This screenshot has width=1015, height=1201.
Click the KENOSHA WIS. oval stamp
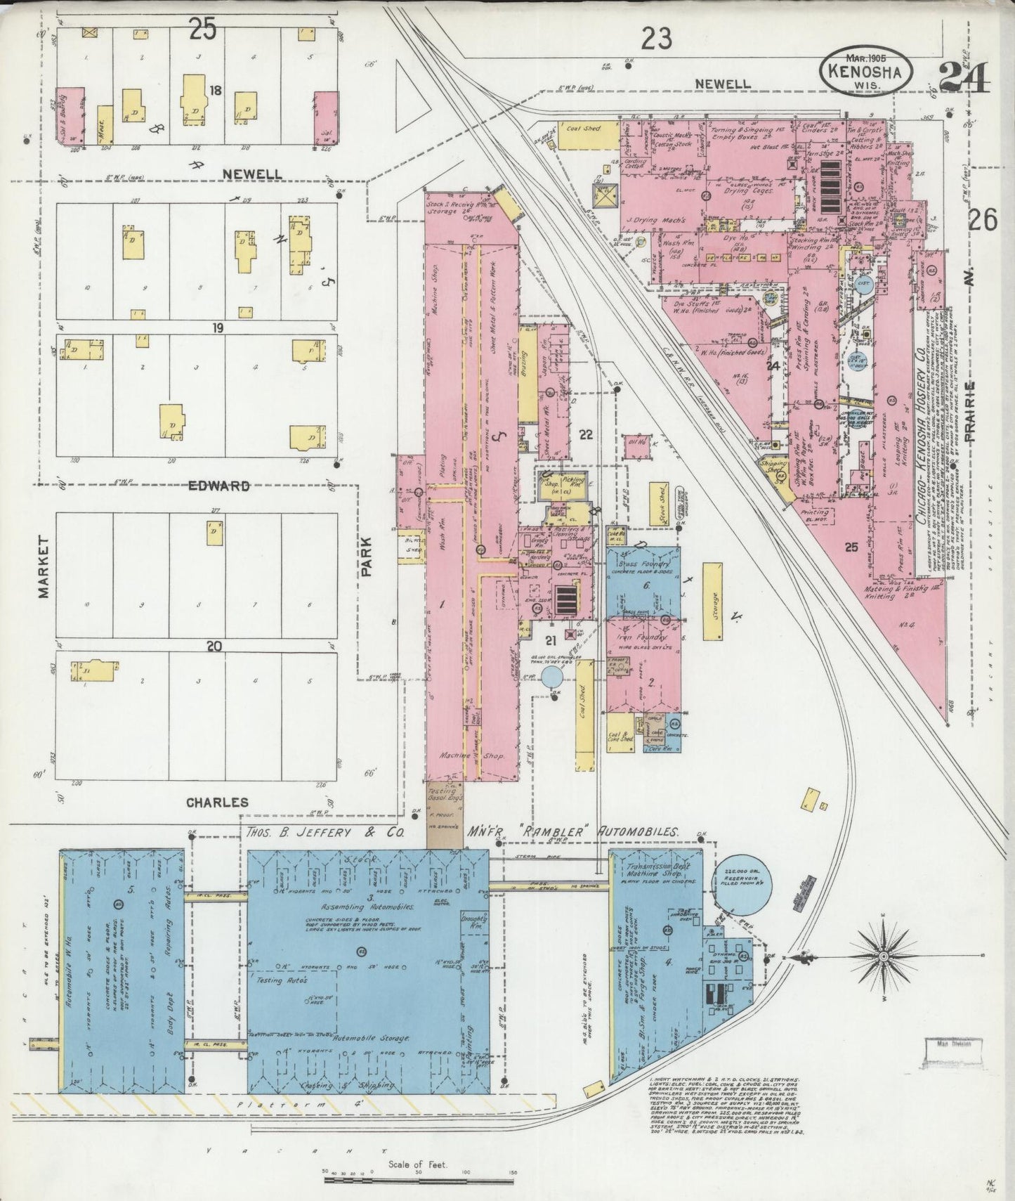(x=870, y=71)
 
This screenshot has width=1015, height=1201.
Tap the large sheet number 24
(x=963, y=77)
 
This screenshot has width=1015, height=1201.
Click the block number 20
(x=214, y=646)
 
